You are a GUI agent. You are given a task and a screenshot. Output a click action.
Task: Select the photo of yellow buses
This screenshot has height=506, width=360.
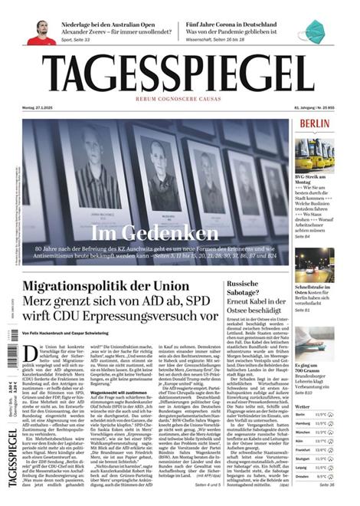pos(314,153)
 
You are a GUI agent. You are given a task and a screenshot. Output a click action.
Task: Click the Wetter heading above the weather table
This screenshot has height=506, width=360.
pos(303,406)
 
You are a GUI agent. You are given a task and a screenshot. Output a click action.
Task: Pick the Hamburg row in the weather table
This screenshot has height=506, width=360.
pos(314,423)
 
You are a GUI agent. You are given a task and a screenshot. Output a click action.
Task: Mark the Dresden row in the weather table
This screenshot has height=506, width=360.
pos(314,476)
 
